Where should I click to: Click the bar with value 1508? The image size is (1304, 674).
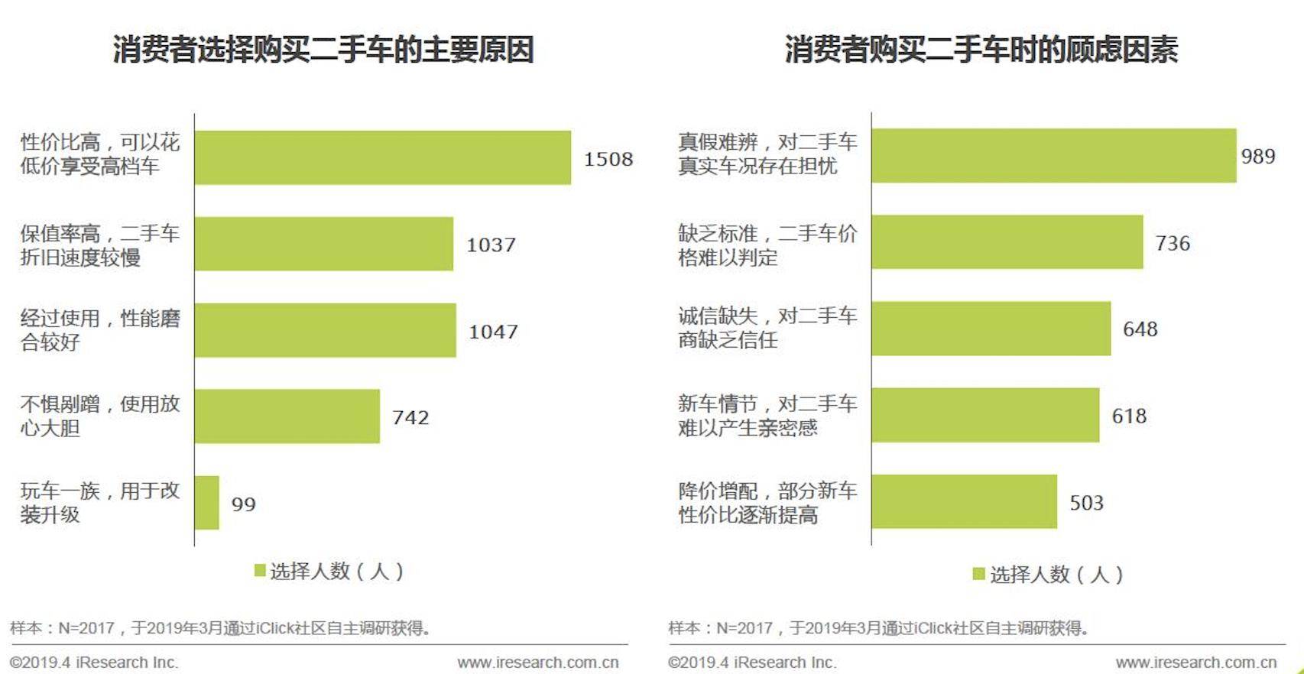point(382,157)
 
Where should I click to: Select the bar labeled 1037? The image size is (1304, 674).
point(323,244)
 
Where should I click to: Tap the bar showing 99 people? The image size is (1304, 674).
point(207,503)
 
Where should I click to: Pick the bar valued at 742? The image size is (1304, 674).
point(287,416)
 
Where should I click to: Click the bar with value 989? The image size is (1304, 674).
point(1053,156)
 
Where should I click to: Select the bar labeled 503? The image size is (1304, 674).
point(964,502)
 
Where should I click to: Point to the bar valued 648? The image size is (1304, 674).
point(991,329)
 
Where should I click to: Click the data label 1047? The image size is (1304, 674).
point(493,332)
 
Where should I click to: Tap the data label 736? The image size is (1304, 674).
point(1173,244)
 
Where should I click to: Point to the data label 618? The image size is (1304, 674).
point(1129,416)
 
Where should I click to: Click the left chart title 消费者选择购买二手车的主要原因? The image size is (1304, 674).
point(323,50)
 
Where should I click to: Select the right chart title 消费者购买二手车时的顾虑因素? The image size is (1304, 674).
point(981,50)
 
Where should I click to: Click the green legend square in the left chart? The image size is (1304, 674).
point(260,570)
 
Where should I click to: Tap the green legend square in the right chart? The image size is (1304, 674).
point(978,573)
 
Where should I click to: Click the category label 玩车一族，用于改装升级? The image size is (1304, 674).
point(99,502)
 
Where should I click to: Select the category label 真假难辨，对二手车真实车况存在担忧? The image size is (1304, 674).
point(767,154)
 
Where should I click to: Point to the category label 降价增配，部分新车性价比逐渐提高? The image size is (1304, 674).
point(767,503)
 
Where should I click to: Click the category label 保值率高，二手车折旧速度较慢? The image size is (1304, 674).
point(99,245)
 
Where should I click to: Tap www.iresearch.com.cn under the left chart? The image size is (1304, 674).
point(538,663)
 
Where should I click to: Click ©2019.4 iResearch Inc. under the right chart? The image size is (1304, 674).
point(752,663)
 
